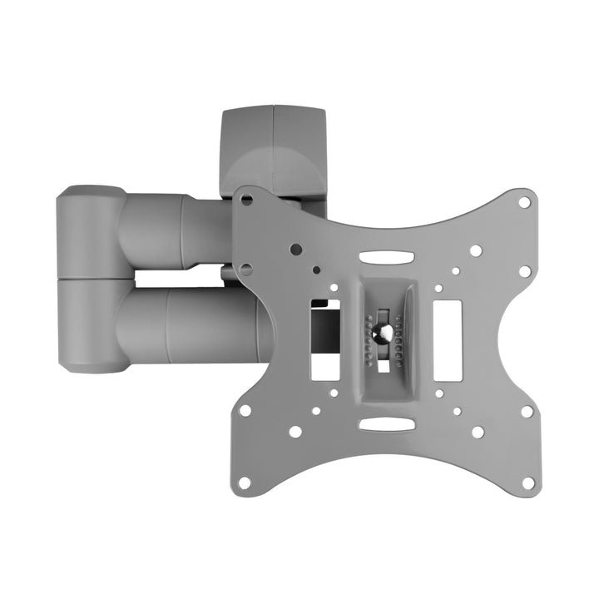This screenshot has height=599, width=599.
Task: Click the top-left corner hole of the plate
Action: [x=247, y=200]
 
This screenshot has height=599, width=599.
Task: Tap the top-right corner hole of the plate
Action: [x=524, y=202]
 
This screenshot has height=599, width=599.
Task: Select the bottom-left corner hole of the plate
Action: [x=244, y=482]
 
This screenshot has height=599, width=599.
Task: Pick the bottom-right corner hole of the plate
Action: [x=527, y=482]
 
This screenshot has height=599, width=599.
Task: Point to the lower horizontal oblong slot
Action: [x=386, y=424]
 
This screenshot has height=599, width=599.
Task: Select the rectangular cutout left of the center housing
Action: [x=324, y=341]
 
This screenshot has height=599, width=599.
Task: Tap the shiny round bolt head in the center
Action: [x=384, y=332]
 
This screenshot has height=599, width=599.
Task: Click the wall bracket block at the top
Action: [x=272, y=150]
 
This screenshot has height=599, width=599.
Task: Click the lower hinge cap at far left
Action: [x=90, y=326]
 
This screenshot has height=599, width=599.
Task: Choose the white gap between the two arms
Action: [x=175, y=278]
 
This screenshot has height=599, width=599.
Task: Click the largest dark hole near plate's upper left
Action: [x=295, y=249]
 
